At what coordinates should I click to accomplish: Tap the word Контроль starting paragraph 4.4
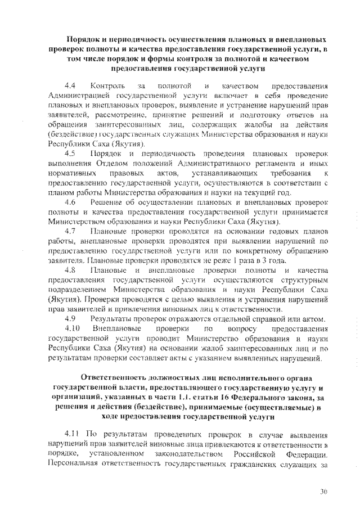[108, 86]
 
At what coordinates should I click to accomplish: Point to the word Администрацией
[80, 96]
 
